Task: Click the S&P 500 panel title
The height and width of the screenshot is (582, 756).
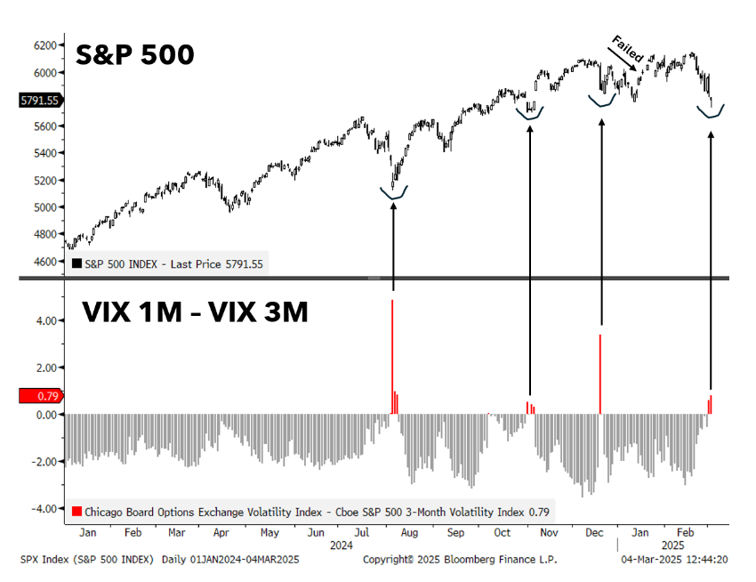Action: click(135, 55)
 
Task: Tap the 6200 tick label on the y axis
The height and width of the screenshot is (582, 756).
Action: click(45, 44)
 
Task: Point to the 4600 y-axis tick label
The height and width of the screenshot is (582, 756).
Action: click(45, 262)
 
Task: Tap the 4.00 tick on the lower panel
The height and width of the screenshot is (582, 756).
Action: click(45, 320)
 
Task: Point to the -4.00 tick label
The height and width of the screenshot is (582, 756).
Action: click(44, 509)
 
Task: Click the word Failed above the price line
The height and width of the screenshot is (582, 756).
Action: click(626, 49)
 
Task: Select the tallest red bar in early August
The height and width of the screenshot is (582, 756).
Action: click(392, 356)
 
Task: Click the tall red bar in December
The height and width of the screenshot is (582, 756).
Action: click(600, 374)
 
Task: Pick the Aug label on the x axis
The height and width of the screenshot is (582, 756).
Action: click(409, 532)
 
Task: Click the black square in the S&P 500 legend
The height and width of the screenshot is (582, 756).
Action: click(77, 263)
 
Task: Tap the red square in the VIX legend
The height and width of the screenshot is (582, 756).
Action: click(77, 511)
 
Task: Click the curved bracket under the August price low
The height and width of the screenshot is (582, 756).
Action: click(393, 192)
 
